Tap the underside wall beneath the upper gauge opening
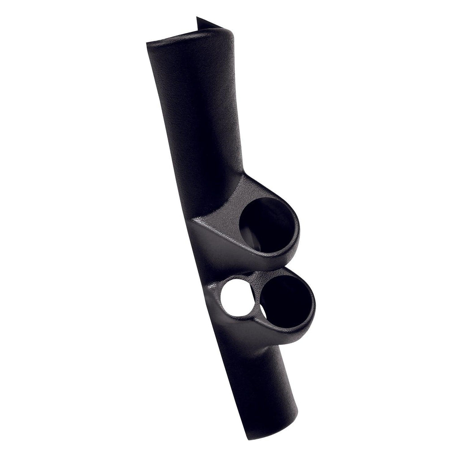click(x=251, y=255)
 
